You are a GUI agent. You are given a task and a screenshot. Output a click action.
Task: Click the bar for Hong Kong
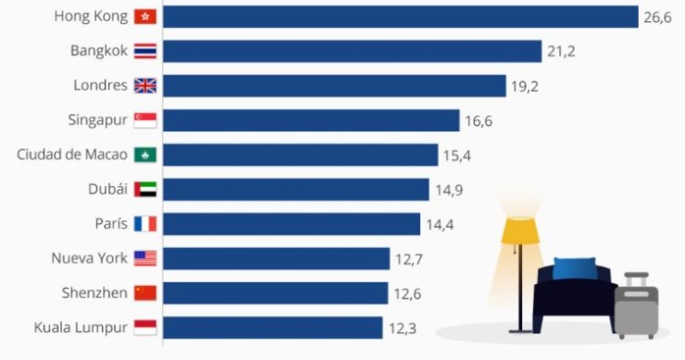pyautogui.click(x=401, y=18)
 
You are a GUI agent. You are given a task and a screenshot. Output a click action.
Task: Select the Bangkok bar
pyautogui.click(x=353, y=52)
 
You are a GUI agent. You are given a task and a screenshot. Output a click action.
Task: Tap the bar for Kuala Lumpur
pyautogui.click(x=273, y=328)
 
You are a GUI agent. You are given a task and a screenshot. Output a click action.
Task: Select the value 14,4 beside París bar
pyautogui.click(x=441, y=224)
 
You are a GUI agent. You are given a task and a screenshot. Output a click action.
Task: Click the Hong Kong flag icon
pyautogui.click(x=145, y=18)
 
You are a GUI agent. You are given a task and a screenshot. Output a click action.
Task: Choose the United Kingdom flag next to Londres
pyautogui.click(x=145, y=86)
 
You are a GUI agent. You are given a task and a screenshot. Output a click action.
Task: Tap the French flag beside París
pyautogui.click(x=145, y=224)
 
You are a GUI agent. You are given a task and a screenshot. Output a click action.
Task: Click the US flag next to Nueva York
pyautogui.click(x=145, y=258)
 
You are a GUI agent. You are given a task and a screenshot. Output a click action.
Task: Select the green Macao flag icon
pyautogui.click(x=145, y=155)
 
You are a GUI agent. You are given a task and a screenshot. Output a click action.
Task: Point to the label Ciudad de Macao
pyautogui.click(x=72, y=155)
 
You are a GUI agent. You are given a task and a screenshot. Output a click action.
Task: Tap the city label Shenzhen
pyautogui.click(x=94, y=292)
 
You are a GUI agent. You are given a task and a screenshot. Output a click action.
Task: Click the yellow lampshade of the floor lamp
pyautogui.click(x=519, y=230)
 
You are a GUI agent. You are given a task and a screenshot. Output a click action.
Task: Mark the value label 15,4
pyautogui.click(x=457, y=155)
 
